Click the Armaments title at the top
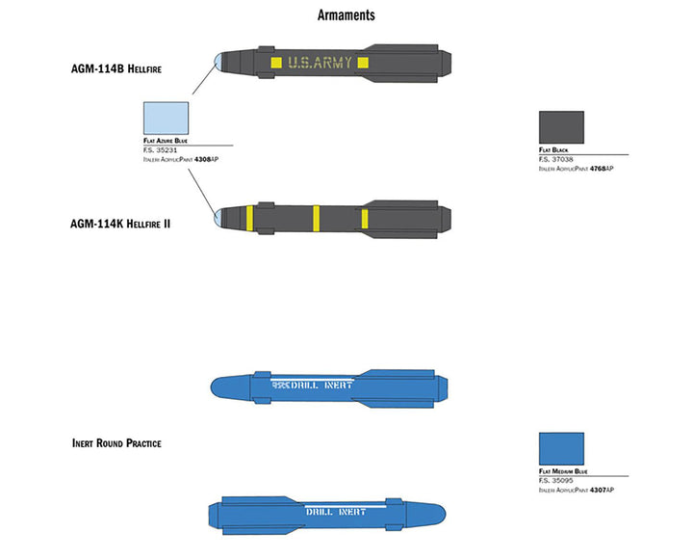click(346, 15)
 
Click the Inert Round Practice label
click(115, 443)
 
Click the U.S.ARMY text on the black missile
click(320, 64)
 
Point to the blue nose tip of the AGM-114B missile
click(220, 64)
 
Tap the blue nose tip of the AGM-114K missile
click(220, 218)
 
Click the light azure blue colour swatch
click(166, 119)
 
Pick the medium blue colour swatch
click(561, 449)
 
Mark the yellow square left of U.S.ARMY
click(276, 64)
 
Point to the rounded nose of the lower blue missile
click(438, 512)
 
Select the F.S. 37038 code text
click(556, 160)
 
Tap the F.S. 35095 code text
click(556, 481)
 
